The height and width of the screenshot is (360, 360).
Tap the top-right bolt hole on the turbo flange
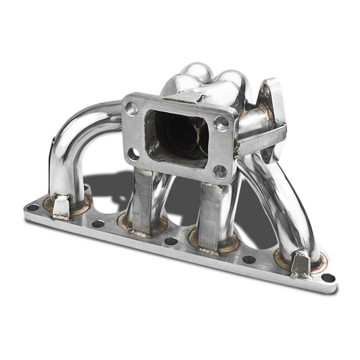(x=220, y=123)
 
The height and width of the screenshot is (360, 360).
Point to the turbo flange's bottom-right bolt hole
(x=219, y=172)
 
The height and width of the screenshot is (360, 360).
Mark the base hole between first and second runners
(x=99, y=224)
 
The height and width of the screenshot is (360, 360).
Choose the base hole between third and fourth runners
(x=249, y=259)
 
